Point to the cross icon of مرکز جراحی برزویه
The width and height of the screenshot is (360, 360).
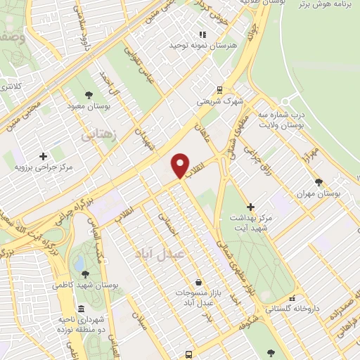[44, 156]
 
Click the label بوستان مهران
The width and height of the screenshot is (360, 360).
[319, 193]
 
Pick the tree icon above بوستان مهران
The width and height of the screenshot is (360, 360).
[319, 181]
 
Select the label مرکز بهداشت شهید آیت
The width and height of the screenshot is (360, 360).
[251, 224]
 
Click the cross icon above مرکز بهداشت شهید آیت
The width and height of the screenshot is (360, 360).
[251, 206]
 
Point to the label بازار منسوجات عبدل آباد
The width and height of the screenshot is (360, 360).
[199, 297]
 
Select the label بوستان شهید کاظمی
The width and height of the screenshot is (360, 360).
[85, 286]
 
